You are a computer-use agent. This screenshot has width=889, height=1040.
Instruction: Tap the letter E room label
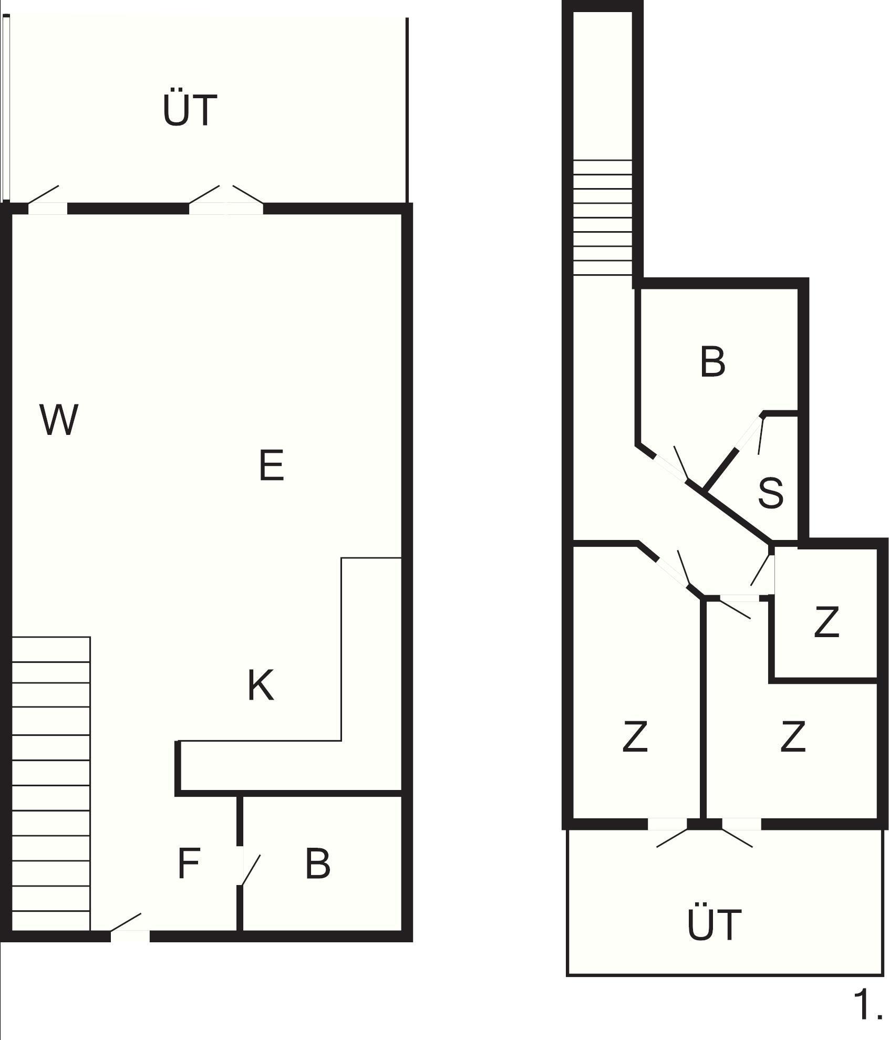point(272,465)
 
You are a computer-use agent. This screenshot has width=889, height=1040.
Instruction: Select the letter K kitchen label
point(261,685)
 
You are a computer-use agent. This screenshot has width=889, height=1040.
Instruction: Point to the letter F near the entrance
point(189,863)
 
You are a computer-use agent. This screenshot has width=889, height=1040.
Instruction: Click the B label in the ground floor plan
point(318,863)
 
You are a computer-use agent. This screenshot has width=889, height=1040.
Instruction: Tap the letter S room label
point(771,492)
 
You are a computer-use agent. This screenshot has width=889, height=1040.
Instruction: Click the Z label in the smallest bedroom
point(826,621)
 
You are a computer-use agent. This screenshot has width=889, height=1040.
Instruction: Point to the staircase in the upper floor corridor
point(602,217)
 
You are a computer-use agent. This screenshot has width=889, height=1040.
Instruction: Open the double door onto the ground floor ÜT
point(226,200)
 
